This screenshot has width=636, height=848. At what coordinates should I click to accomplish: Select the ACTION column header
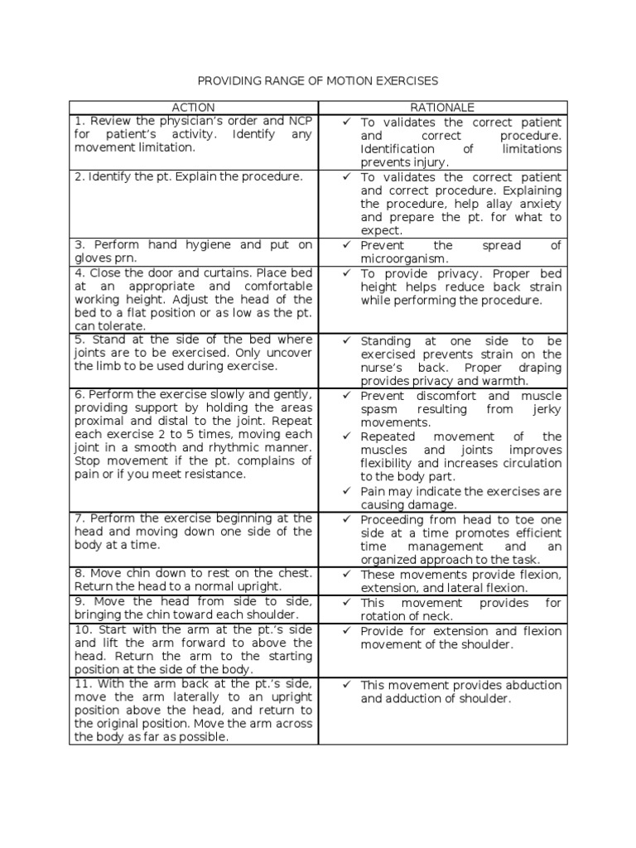(x=193, y=108)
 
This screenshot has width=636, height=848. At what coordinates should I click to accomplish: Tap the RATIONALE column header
(x=442, y=108)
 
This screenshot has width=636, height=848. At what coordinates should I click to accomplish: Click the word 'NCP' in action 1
(x=299, y=121)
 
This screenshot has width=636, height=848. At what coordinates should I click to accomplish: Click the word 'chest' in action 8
(x=295, y=573)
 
